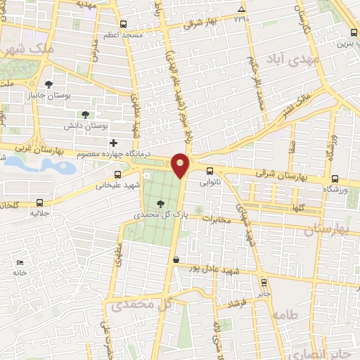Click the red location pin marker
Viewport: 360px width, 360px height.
click(181, 165)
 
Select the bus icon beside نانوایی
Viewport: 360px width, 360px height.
click(210, 171)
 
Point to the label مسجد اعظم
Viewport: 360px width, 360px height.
click(123, 34)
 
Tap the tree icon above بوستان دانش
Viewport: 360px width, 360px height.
click(85, 114)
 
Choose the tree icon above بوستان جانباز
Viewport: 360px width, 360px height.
click(49, 84)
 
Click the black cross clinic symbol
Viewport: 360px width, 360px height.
click(113, 142)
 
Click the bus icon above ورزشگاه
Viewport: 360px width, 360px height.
click(335, 179)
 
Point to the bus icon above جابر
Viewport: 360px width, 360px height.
click(264, 283)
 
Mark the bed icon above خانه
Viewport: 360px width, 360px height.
click(19, 263)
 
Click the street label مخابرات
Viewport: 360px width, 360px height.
click(217, 219)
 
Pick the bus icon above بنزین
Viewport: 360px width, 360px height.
click(353, 32)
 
